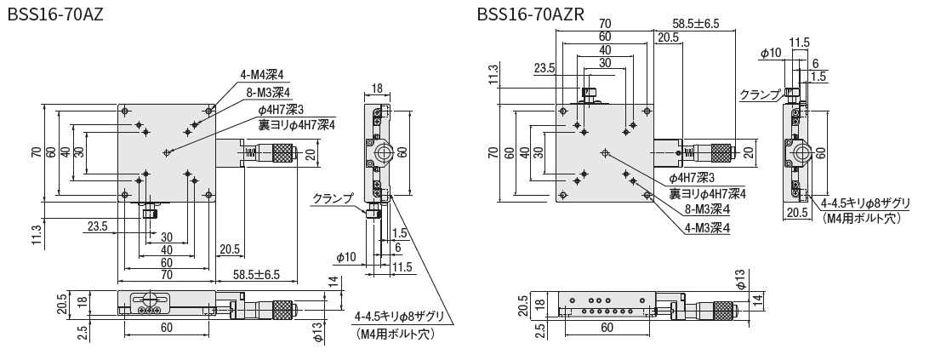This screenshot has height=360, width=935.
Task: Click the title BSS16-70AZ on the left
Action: (x=54, y=14)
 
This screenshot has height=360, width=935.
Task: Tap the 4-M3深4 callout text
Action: (x=707, y=227)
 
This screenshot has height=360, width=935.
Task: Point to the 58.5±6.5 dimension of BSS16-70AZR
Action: (x=695, y=23)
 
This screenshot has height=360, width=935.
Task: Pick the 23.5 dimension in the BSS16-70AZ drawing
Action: (x=97, y=226)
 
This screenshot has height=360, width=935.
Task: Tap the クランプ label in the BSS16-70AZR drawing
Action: (x=760, y=94)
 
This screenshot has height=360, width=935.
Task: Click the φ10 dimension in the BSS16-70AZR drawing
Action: (x=770, y=53)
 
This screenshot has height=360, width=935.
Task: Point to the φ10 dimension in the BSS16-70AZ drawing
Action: (x=345, y=256)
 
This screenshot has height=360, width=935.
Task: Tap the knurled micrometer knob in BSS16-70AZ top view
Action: (x=282, y=153)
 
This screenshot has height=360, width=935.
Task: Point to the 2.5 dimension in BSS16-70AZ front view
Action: (x=83, y=330)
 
